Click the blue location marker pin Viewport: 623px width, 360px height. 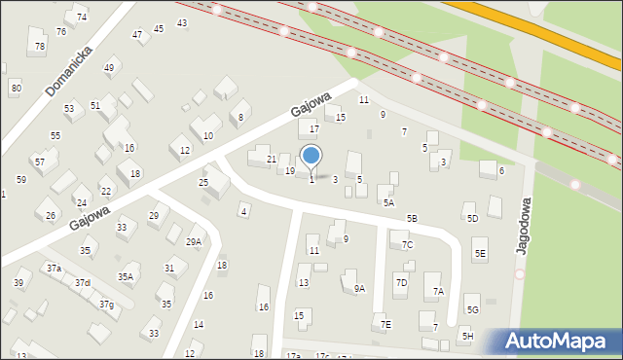click(311, 156)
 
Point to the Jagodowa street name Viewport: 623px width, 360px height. click(524, 225)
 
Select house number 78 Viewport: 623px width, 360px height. click(39, 46)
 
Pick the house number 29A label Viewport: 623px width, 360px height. click(194, 241)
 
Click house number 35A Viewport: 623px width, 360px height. click(126, 276)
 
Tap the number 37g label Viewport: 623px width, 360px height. click(106, 305)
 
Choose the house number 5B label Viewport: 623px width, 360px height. click(412, 219)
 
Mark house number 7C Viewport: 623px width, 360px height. click(407, 244)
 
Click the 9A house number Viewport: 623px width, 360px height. click(359, 288)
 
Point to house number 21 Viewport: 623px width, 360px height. click(272, 159)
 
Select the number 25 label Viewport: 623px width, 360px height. click(203, 182)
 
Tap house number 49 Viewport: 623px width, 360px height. click(110, 67)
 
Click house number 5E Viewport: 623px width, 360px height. click(479, 254)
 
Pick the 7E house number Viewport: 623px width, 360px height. click(385, 324)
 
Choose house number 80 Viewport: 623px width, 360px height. click(16, 88)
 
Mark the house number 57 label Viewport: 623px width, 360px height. click(39, 162)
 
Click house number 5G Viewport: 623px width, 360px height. click(473, 309)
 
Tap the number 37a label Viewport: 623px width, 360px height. click(54, 268)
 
